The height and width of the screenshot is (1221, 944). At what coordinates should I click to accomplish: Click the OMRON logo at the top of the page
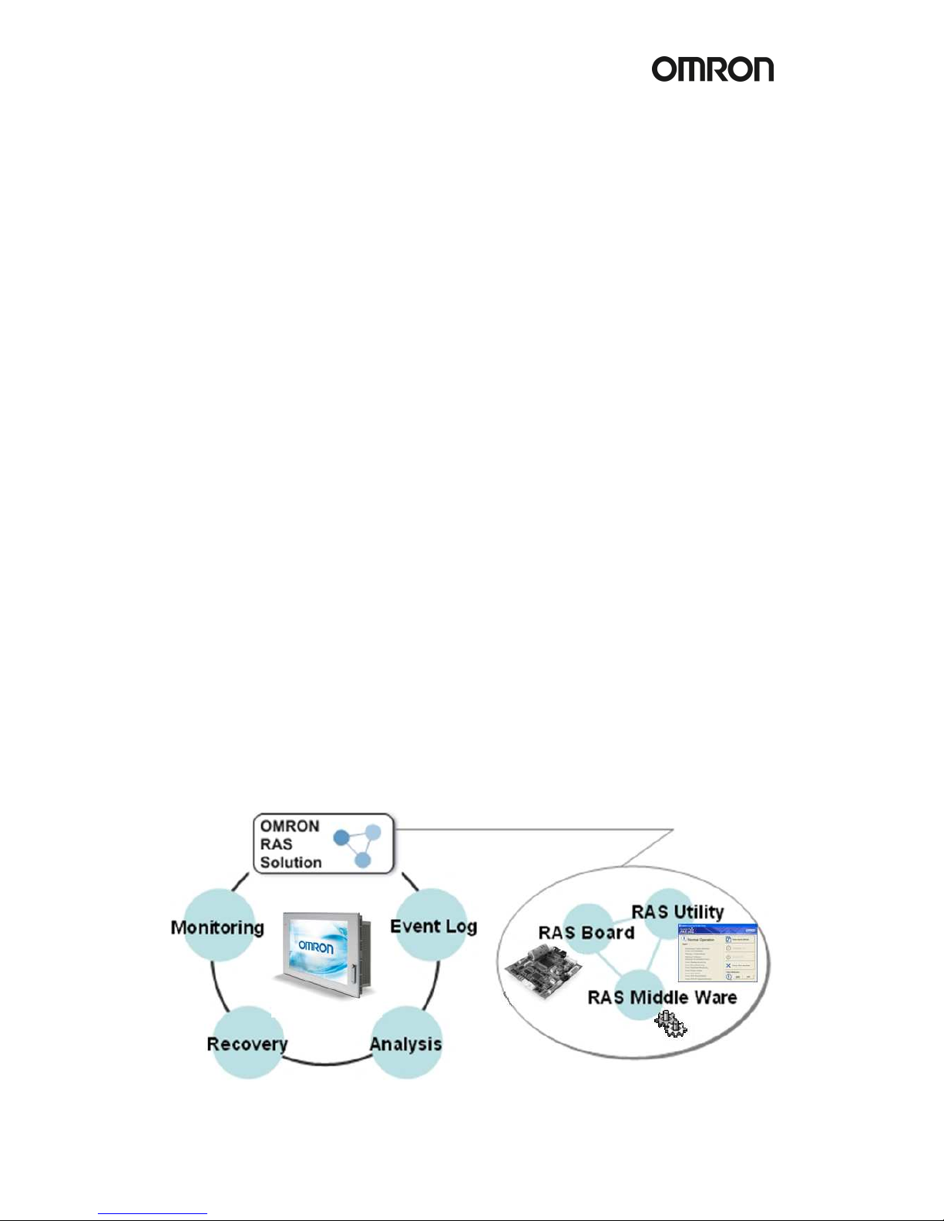point(712,69)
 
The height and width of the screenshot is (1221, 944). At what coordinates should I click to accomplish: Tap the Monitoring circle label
point(217,927)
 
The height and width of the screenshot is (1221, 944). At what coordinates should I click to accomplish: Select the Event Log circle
point(433,925)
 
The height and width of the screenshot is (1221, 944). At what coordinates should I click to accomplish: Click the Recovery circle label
point(247,1044)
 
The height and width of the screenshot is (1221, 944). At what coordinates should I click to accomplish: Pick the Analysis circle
point(406,1044)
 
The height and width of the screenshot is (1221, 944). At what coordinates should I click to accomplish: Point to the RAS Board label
point(586,932)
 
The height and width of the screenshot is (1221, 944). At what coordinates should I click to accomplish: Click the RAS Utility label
point(677,912)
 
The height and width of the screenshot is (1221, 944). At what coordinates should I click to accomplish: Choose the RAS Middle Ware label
point(662,997)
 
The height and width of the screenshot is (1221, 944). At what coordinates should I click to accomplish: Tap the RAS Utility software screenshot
point(717,954)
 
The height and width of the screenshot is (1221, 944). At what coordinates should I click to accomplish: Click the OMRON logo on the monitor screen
point(316,945)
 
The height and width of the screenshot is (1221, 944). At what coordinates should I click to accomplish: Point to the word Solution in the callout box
point(291,862)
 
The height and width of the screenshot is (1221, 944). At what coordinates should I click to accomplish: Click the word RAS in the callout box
point(276,844)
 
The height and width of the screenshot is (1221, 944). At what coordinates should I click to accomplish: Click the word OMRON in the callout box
point(289,826)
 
